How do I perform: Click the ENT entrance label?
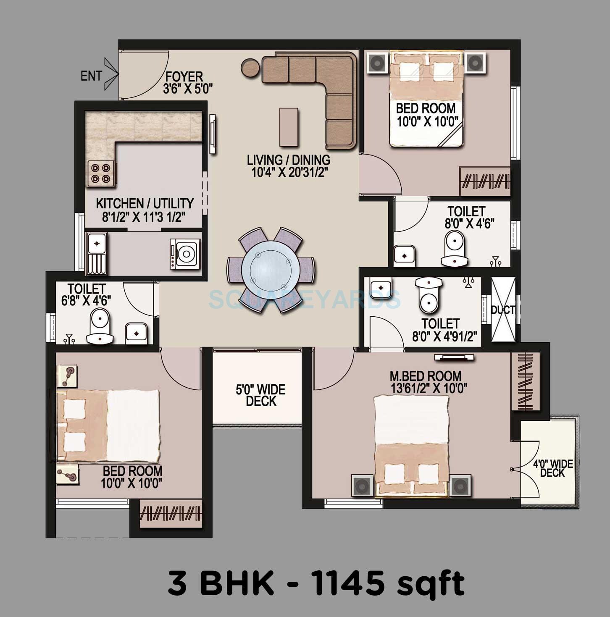pos(91,76)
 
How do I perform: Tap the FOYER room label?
pos(184,77)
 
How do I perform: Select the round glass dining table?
pos(271,270)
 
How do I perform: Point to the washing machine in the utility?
pos(185,253)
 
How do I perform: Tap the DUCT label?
pos(502,310)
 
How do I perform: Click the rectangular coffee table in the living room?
pos(289,127)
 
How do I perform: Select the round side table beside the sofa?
pos(250,67)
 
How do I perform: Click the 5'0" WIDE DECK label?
pos(260,395)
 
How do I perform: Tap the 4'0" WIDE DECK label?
pos(553,468)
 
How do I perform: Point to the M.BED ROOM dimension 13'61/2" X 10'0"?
pos(429,388)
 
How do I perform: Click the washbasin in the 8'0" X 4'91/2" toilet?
pos(381,287)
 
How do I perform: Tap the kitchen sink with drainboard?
pos(97,252)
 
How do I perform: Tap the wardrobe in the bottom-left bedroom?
pos(171,513)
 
